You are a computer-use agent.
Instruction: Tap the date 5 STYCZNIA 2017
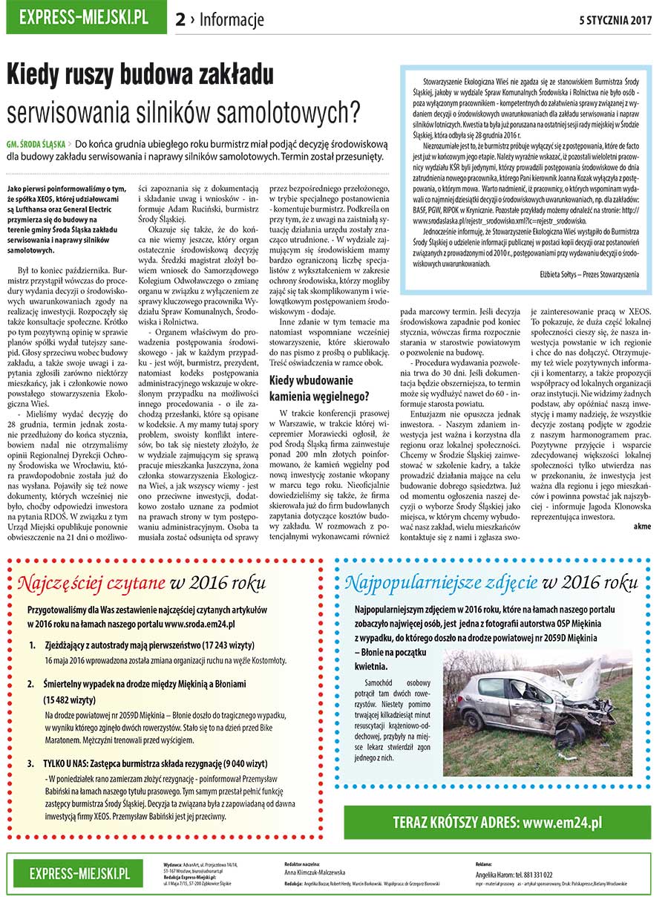click(615, 20)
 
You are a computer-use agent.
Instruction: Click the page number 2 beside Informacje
click(180, 20)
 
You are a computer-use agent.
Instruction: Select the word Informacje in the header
click(232, 20)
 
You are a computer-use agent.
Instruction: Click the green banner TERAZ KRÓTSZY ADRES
click(497, 822)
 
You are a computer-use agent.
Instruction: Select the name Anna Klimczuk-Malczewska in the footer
click(315, 873)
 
